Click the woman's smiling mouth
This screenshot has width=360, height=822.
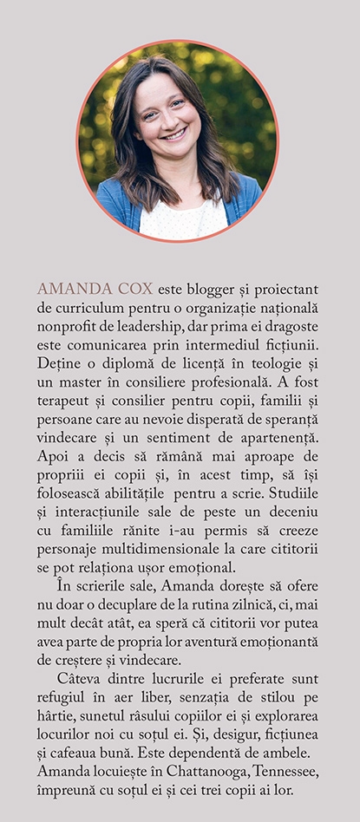pos(175,134)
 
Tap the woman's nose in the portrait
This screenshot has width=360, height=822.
pos(174,117)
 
